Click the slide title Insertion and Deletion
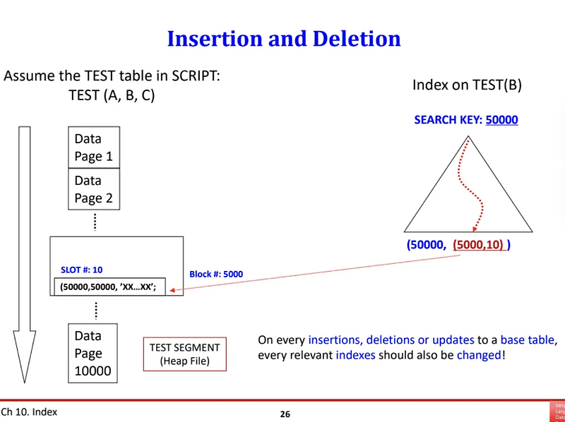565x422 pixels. (283, 38)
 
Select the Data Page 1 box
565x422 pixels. (93, 147)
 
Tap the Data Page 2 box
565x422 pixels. (93, 189)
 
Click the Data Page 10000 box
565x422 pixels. (93, 353)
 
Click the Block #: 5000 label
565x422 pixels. (218, 275)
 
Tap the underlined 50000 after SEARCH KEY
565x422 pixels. (501, 120)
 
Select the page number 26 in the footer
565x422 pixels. (285, 414)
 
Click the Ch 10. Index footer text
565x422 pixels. (29, 412)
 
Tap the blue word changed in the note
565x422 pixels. (479, 355)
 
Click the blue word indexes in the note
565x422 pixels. (355, 355)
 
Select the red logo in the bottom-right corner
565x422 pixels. (557, 412)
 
